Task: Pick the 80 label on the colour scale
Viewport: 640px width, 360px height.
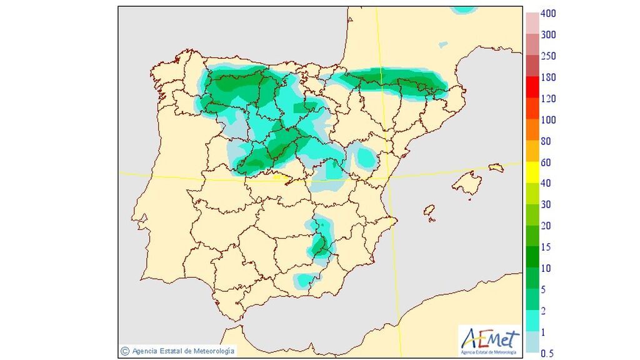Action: (x=545, y=141)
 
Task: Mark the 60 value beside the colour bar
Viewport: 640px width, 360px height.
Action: (x=545, y=162)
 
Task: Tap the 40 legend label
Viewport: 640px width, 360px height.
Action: (x=545, y=184)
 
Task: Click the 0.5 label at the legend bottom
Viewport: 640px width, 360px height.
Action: (x=546, y=354)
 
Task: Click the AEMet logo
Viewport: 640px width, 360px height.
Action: (x=489, y=341)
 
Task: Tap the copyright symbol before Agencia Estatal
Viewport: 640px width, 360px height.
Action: (x=124, y=351)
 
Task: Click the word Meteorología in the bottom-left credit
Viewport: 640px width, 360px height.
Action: (x=212, y=351)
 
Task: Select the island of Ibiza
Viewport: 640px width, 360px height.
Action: (x=429, y=211)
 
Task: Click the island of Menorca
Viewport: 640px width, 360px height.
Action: (x=496, y=167)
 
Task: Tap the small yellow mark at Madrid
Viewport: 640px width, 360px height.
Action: (x=279, y=177)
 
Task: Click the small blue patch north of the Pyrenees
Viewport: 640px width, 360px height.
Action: (x=443, y=45)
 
